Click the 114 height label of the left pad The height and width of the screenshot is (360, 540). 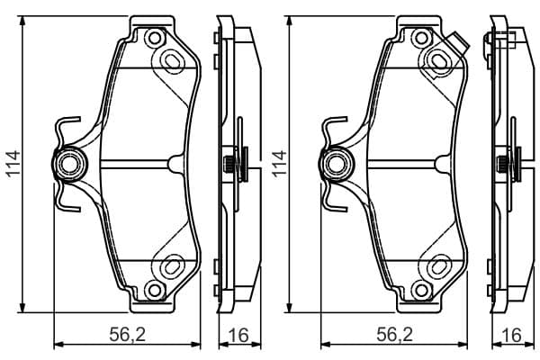click(13, 164)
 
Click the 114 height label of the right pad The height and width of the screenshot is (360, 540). click(279, 164)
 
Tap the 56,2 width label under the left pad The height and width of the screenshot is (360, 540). click(128, 335)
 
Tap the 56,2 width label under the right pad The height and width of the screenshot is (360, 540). click(395, 335)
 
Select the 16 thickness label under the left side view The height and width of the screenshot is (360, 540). click(238, 335)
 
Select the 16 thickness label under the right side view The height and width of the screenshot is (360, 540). click(511, 335)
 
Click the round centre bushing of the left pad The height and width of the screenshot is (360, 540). click(69, 165)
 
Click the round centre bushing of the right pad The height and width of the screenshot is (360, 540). click(337, 165)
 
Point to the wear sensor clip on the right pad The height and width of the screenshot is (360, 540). click(458, 43)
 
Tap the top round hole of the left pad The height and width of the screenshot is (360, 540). click(155, 38)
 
